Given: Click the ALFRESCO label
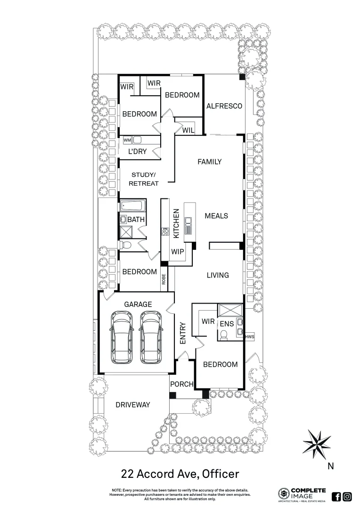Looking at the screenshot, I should tap(224, 106).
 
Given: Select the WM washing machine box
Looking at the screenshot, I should tap(127, 140).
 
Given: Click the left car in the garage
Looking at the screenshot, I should tap(121, 338).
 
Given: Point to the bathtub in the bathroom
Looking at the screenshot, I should tap(133, 206).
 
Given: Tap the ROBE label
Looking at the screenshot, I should tap(164, 279).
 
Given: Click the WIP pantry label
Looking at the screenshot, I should tap(178, 252).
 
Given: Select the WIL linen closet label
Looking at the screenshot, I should tap(188, 130).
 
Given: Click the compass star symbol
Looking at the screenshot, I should tap(317, 443).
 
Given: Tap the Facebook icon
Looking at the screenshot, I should tap(336, 496).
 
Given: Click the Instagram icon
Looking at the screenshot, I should tap(347, 496).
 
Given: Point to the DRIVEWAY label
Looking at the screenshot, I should tap(133, 405).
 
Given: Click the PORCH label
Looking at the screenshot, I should tap(182, 384).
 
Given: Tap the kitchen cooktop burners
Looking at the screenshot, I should tap(165, 231).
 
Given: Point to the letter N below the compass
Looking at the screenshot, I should tap(330, 467).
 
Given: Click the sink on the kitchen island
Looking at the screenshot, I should tap(189, 225).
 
